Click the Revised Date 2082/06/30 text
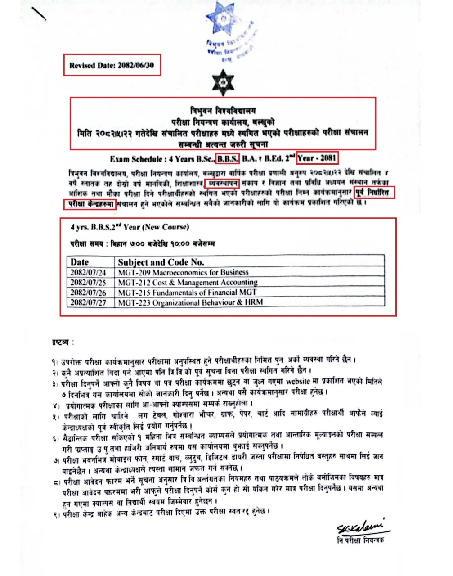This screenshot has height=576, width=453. (x=112, y=65)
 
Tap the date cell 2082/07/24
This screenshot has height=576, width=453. (x=88, y=272)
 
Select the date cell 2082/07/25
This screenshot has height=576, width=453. (x=88, y=283)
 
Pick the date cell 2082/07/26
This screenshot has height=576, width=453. (x=88, y=292)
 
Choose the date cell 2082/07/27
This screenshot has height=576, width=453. (x=88, y=302)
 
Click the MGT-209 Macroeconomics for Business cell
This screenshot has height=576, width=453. (x=183, y=272)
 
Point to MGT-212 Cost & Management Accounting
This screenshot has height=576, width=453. (x=188, y=283)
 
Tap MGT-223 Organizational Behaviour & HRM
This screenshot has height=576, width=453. (x=190, y=302)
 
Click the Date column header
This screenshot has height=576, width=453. (x=80, y=262)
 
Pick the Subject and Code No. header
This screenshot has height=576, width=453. (x=161, y=262)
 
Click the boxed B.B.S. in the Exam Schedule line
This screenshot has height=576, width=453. (x=228, y=158)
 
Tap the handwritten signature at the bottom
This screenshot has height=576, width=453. (x=363, y=526)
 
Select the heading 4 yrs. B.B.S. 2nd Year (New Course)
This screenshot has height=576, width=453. (x=130, y=227)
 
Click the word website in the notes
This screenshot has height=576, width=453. (x=298, y=382)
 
